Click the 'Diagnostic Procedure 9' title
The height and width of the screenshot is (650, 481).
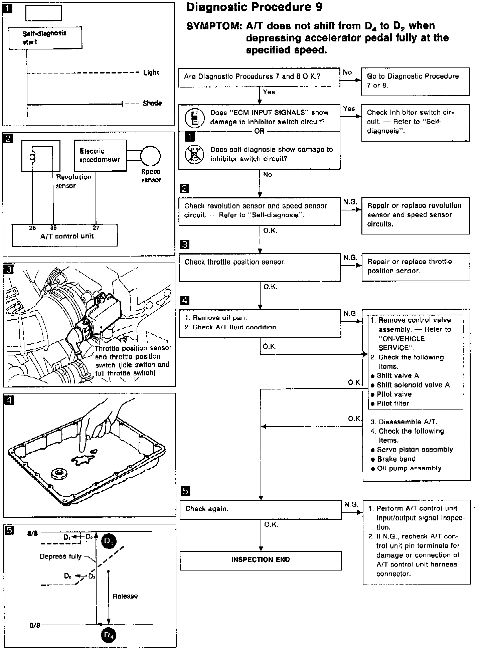pos(254,7)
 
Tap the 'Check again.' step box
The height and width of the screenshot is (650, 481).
pos(261,510)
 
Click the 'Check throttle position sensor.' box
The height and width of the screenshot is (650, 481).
pos(260,267)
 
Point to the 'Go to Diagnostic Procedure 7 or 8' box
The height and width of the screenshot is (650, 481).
pos(415,81)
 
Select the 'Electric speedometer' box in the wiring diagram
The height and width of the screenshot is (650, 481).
pos(100,155)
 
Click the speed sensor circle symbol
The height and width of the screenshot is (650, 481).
pos(150,156)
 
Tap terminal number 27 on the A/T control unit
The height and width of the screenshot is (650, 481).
pos(96,228)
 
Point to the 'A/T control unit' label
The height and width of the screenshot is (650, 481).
pos(67,236)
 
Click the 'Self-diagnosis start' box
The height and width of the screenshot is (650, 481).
pos(45,37)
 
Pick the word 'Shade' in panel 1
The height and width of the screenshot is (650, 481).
pos(152,103)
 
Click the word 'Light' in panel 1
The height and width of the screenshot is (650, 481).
pos(151,72)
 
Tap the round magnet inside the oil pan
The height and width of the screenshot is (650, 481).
pos(59,473)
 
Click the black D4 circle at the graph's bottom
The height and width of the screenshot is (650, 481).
pos(108,635)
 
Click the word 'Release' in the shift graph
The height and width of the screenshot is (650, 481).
pos(125,596)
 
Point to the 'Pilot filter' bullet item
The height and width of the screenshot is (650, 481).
pos(392,403)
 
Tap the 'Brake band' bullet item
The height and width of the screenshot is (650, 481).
pos(396,459)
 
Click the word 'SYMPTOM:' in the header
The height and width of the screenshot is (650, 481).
pos(214,26)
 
